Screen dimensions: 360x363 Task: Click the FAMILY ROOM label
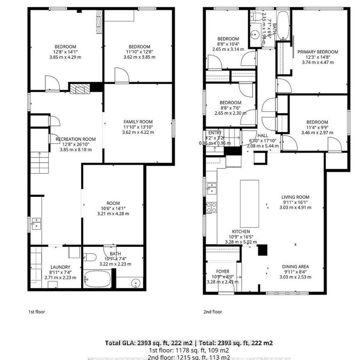tap(138, 122)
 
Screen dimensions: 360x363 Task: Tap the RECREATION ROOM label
tap(75, 138)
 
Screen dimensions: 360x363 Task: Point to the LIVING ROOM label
tap(295, 197)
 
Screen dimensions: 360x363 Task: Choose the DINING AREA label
tap(295, 266)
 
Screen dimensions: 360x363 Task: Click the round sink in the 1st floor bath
tap(136, 283)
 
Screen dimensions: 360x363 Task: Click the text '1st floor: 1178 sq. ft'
tap(181, 350)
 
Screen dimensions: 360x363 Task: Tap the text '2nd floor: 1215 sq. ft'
tap(181, 356)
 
